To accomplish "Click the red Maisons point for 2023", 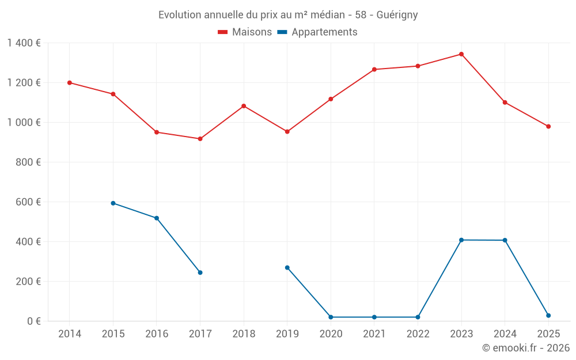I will (x=461, y=54).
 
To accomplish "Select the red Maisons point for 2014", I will (x=70, y=82).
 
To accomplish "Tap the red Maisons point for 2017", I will (x=200, y=139).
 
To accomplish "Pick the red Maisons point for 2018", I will (x=244, y=106).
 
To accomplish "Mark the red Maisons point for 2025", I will (x=548, y=127).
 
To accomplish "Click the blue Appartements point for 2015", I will (x=113, y=203).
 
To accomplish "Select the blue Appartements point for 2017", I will (x=200, y=272).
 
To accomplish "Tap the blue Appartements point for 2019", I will (x=287, y=267).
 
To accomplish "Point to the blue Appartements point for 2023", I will (x=461, y=240).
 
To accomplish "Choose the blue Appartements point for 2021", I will (x=374, y=317).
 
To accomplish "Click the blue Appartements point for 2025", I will (x=548, y=316).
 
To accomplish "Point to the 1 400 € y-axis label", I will (x=24, y=43).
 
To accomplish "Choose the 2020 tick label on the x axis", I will (x=331, y=334).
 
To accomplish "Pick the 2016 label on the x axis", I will (x=157, y=334).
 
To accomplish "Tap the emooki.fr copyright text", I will (x=525, y=348).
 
